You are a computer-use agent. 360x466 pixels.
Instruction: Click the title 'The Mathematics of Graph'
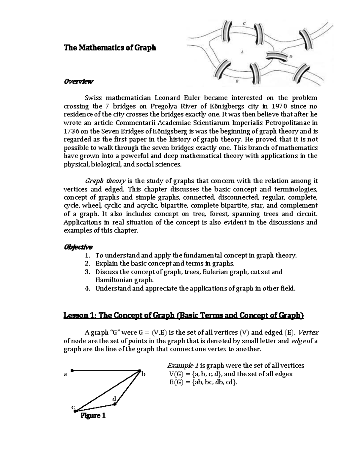pos(110,48)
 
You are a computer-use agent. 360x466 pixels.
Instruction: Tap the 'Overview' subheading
pos(79,81)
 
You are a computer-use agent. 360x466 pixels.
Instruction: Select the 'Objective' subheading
pos(78,247)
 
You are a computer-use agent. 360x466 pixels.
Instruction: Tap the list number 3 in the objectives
pos(87,272)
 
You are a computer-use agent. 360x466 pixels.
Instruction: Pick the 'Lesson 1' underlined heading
pos(184,316)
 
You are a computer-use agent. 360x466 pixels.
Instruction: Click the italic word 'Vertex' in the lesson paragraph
pos(309,332)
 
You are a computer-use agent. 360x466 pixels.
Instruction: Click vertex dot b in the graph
pos(139,371)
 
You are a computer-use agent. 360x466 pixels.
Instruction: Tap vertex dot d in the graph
pos(115,404)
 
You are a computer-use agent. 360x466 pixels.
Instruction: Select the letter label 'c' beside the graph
pos(72,407)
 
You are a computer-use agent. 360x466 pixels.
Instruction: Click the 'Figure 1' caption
pos(93,416)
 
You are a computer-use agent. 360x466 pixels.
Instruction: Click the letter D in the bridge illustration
pos(291,56)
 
